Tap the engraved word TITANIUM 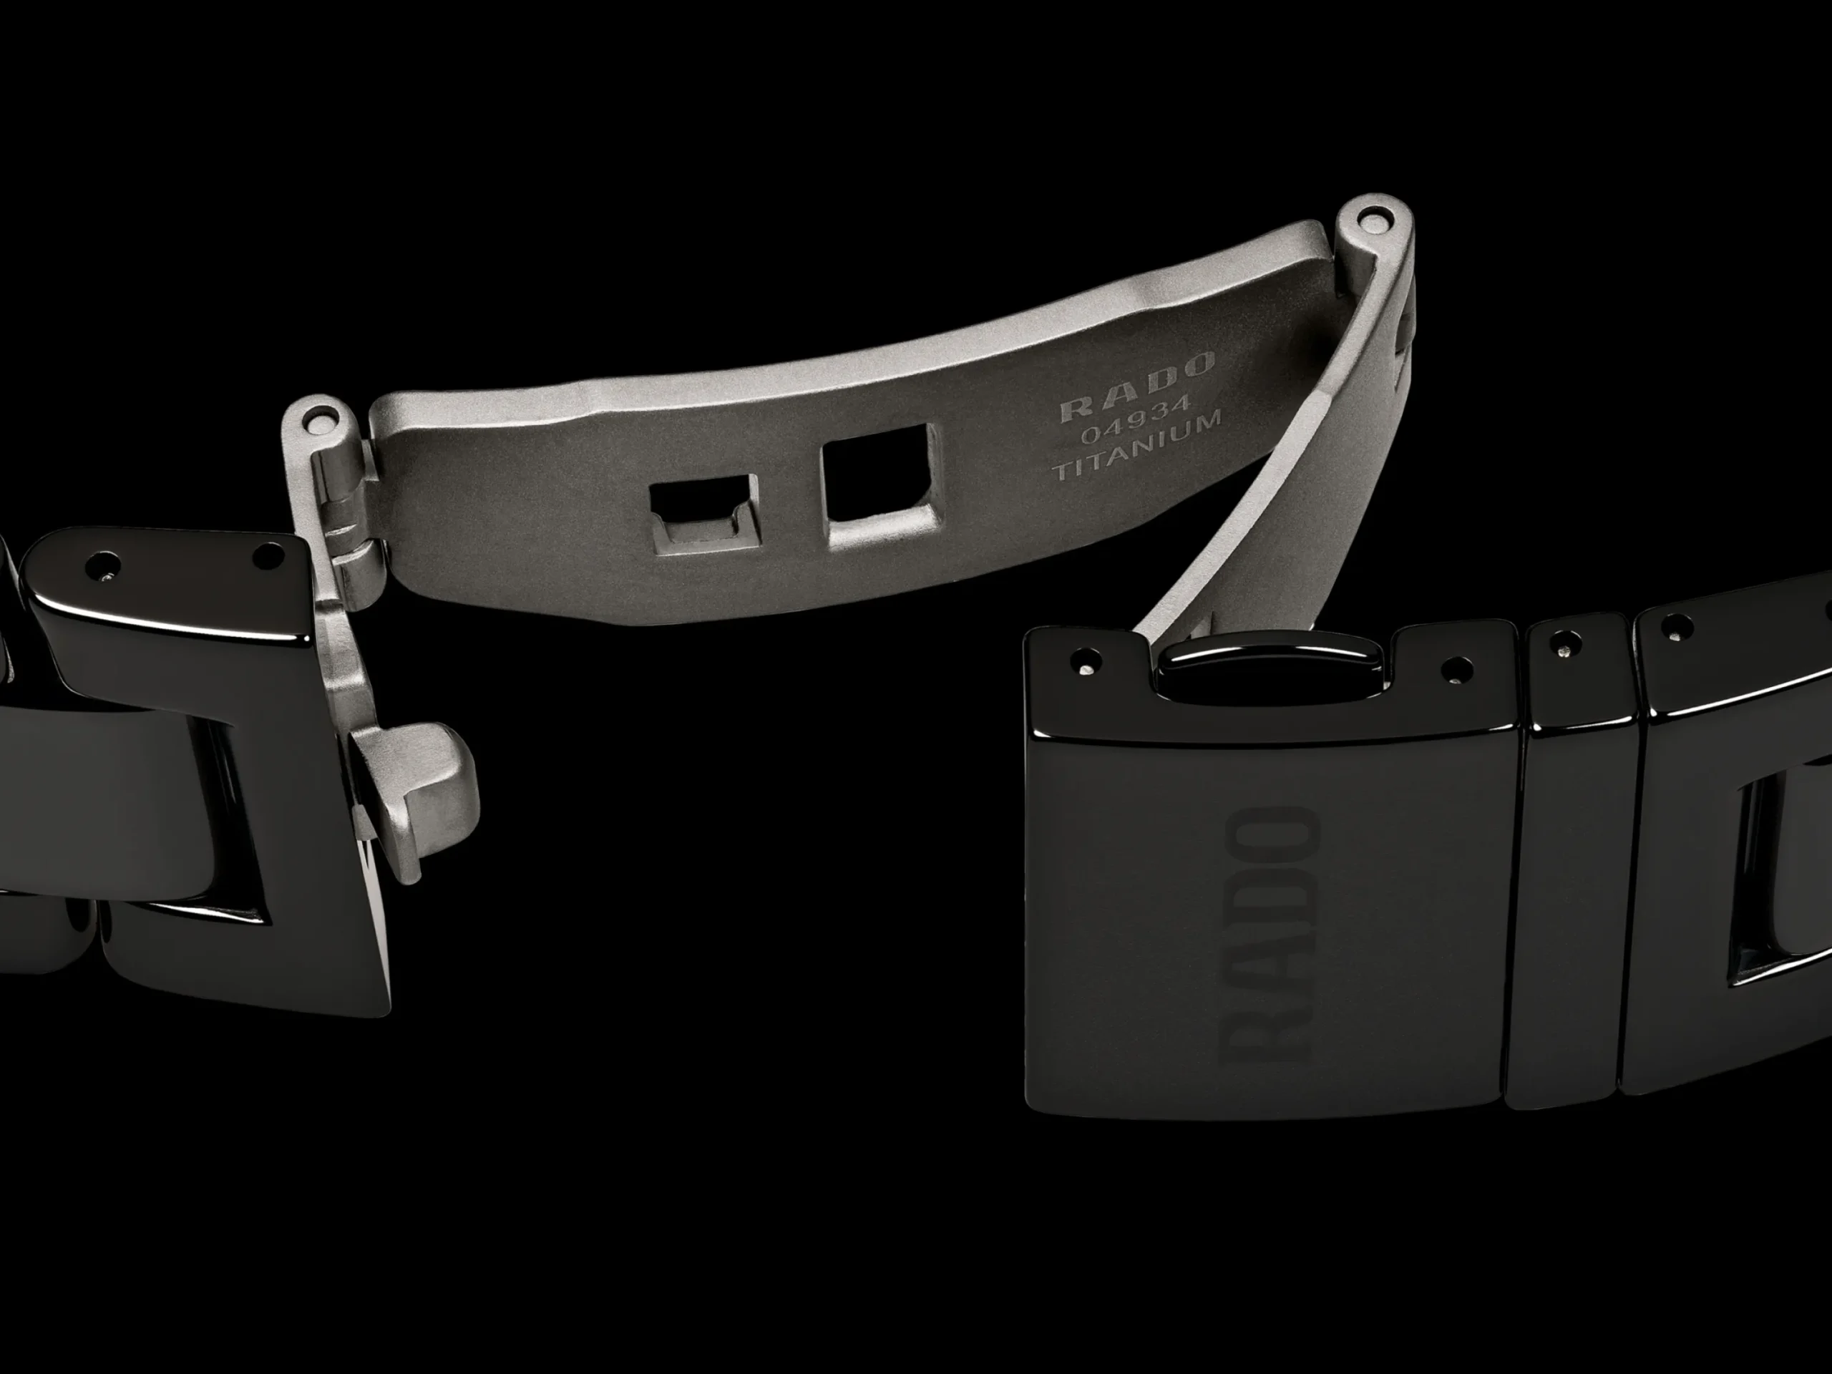(1136, 448)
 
